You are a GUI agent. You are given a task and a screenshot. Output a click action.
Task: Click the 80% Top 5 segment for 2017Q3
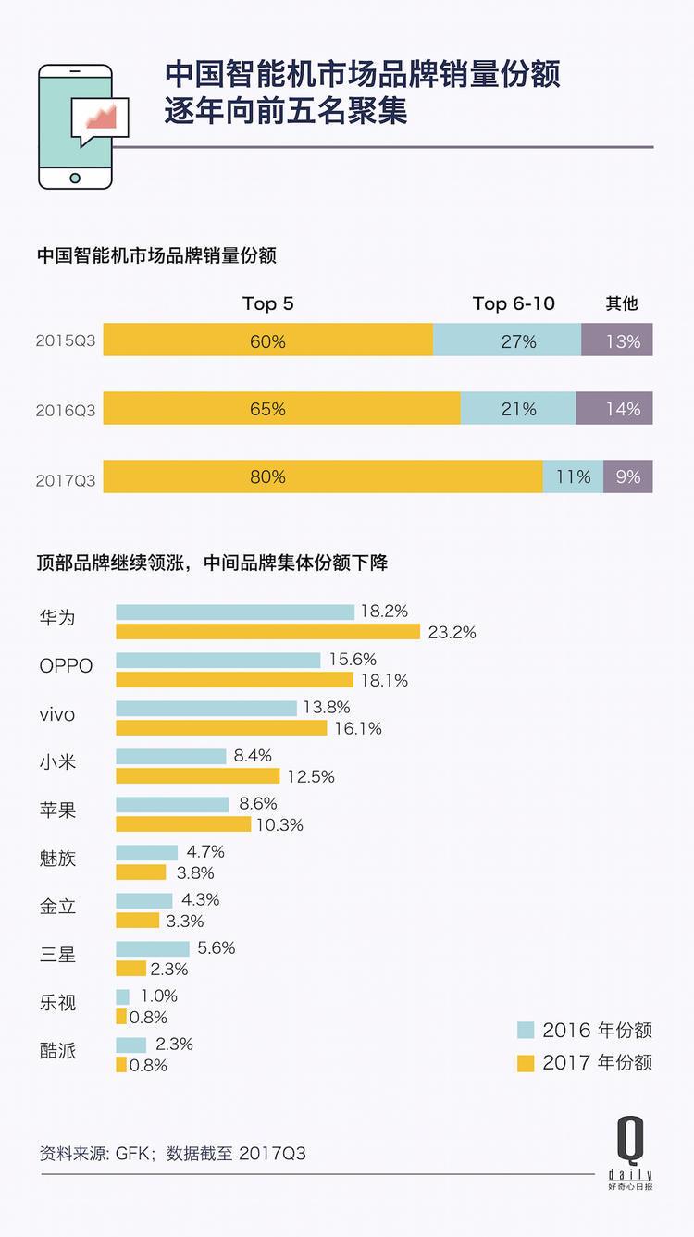(x=323, y=476)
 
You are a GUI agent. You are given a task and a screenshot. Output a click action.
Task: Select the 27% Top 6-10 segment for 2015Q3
(x=507, y=340)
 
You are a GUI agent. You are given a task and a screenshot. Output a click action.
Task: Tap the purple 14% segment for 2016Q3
(x=614, y=408)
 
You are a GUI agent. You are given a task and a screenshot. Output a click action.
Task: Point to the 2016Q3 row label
(x=65, y=409)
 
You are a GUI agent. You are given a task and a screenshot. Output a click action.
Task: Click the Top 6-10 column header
(x=514, y=303)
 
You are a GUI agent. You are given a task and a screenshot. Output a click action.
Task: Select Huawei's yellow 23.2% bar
(x=268, y=633)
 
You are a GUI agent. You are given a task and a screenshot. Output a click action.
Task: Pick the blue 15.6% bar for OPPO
(x=218, y=660)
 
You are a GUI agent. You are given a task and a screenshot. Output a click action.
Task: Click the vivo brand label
(x=57, y=715)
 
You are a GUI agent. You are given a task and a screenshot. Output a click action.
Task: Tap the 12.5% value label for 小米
(x=310, y=777)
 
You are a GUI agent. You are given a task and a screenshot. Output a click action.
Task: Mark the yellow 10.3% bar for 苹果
(x=183, y=824)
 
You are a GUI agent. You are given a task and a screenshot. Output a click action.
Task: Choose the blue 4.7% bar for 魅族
(x=146, y=852)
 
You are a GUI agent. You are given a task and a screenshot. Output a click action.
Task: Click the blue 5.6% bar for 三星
(x=153, y=948)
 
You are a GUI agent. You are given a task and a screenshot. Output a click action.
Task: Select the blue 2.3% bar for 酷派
(x=131, y=1045)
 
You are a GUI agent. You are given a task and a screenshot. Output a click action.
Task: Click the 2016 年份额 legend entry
(x=585, y=1031)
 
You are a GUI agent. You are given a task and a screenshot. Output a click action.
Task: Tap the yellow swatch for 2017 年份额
(x=526, y=1062)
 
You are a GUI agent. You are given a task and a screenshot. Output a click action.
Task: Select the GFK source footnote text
(x=172, y=1154)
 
